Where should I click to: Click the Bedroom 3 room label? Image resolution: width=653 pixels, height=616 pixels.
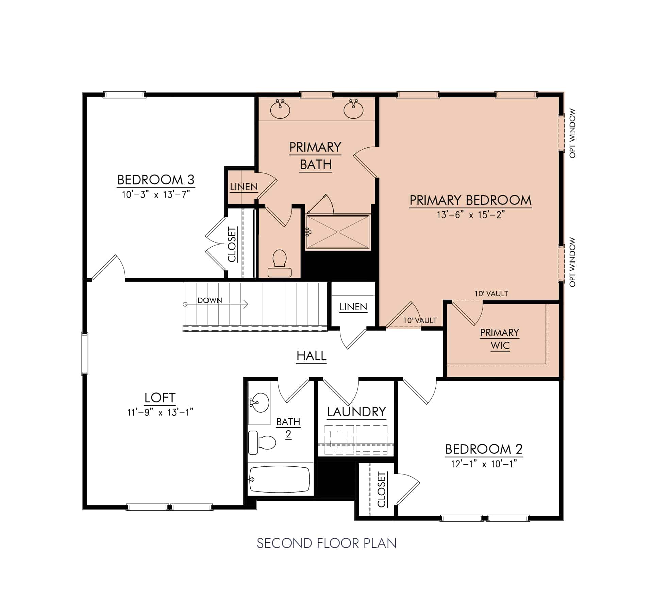pyautogui.click(x=156, y=180)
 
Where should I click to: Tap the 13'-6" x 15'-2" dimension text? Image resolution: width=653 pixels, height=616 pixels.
pyautogui.click(x=470, y=215)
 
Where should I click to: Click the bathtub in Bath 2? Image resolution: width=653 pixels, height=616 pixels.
pyautogui.click(x=280, y=480)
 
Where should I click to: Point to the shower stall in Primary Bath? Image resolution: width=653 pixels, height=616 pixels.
pyautogui.click(x=338, y=232)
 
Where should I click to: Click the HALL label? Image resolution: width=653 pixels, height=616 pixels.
pyautogui.click(x=311, y=356)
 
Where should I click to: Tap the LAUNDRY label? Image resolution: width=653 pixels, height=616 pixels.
pyautogui.click(x=356, y=412)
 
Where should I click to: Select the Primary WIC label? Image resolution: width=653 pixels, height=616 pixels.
pyautogui.click(x=500, y=339)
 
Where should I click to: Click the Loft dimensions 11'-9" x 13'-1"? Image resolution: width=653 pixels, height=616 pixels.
pyautogui.click(x=160, y=413)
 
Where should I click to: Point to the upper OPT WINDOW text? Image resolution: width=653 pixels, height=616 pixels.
pyautogui.click(x=572, y=133)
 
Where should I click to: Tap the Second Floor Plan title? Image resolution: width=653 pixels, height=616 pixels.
pyautogui.click(x=326, y=544)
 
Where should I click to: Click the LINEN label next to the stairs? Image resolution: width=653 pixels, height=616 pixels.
pyautogui.click(x=353, y=307)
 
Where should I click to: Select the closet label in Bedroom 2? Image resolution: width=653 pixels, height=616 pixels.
pyautogui.click(x=382, y=489)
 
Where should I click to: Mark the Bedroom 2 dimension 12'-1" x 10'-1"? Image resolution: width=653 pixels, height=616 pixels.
pyautogui.click(x=484, y=464)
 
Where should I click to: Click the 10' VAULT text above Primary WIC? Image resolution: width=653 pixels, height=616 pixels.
pyautogui.click(x=491, y=294)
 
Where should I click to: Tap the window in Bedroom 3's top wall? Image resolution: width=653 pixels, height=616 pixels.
pyautogui.click(x=124, y=95)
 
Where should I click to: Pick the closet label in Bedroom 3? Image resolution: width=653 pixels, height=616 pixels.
pyautogui.click(x=232, y=245)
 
